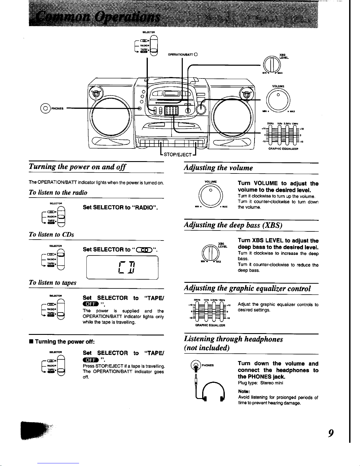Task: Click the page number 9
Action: point(331,433)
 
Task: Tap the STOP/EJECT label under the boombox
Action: point(178,155)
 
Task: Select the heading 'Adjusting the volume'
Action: point(218,168)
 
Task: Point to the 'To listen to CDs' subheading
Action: point(51,234)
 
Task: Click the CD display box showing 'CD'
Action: point(122,268)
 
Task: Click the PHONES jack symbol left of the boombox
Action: point(46,108)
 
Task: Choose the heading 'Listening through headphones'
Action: point(233,339)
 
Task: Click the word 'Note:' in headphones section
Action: point(244,392)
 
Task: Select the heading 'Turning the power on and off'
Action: point(77,167)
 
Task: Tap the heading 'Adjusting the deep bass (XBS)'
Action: point(233,225)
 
